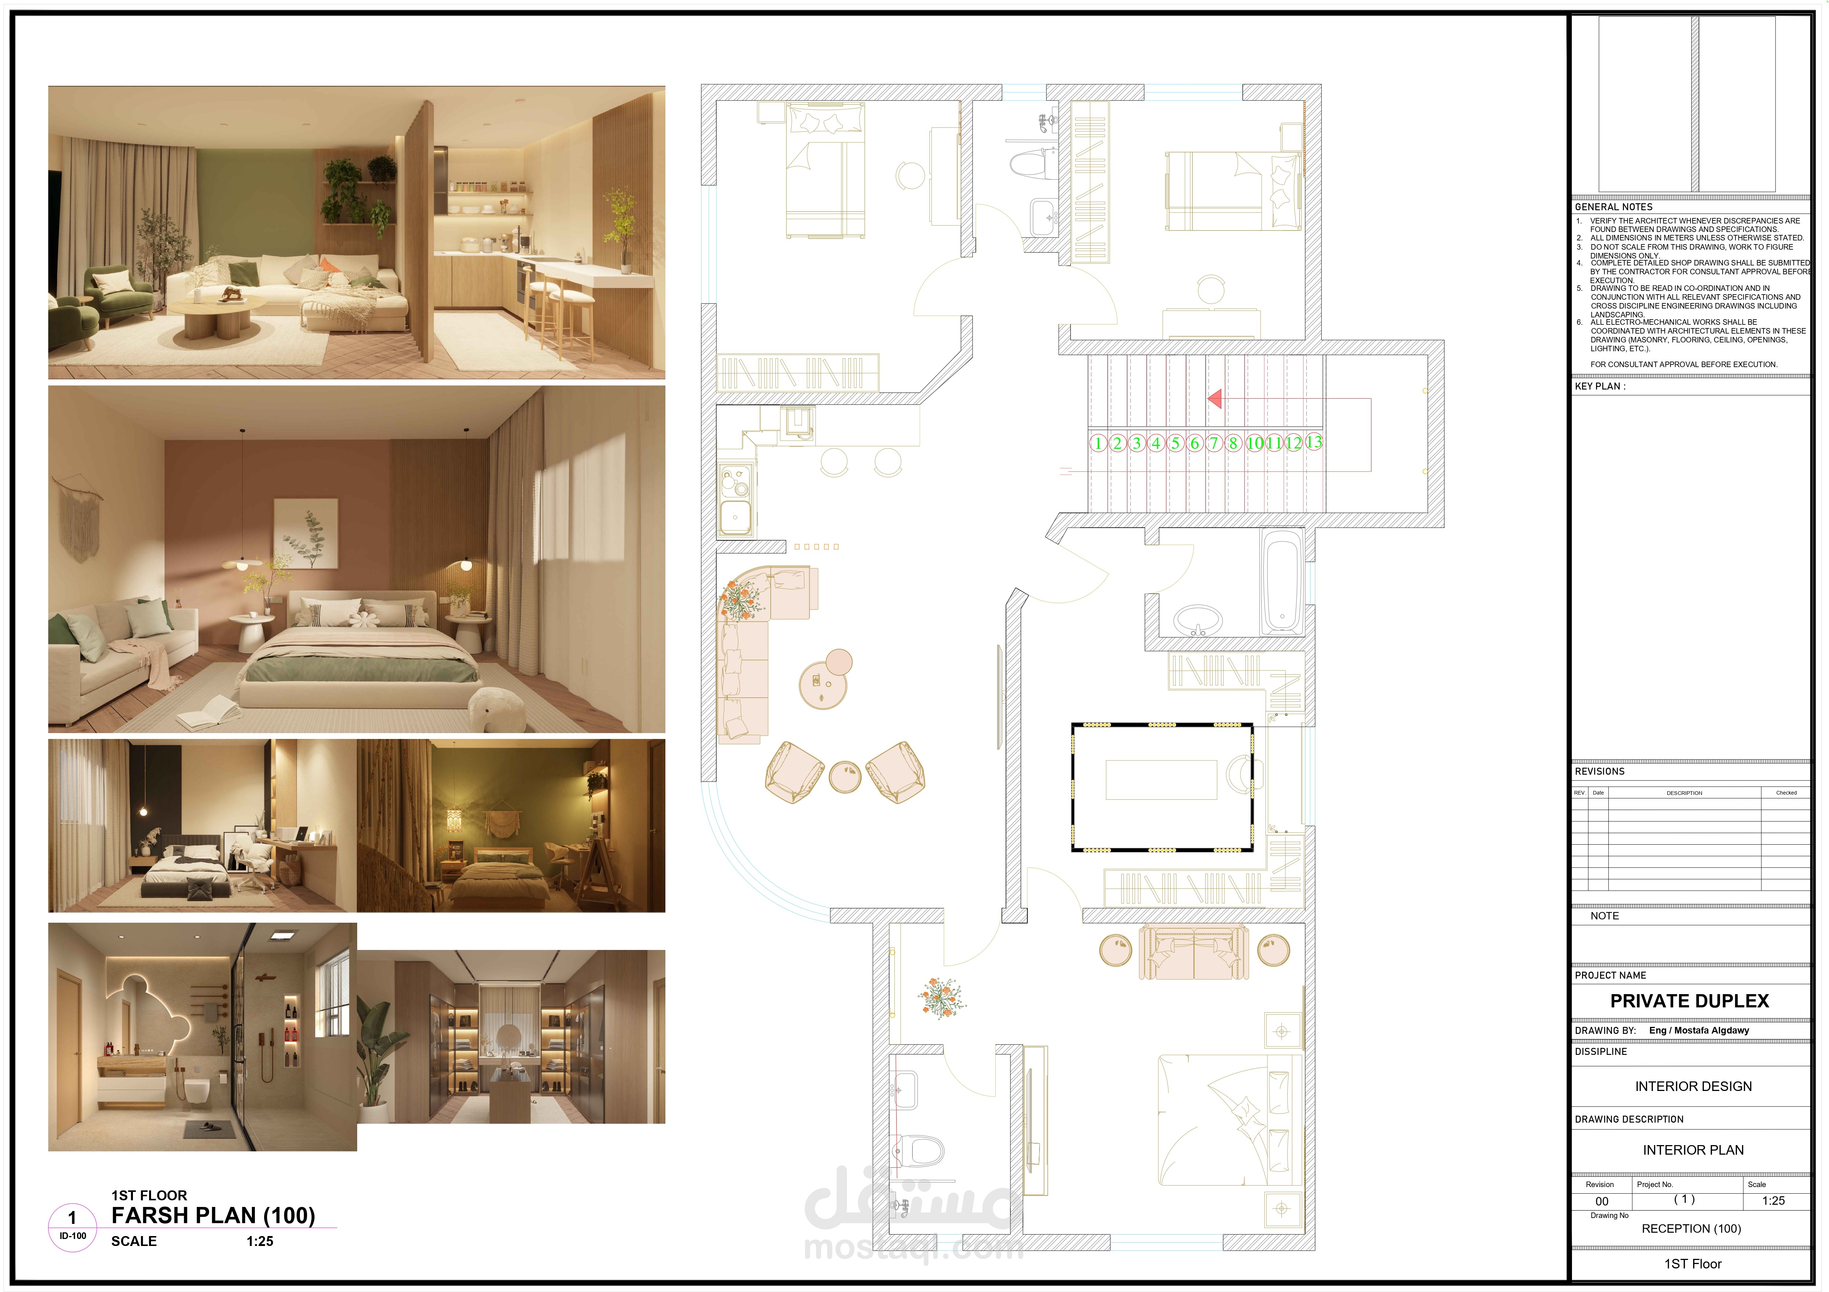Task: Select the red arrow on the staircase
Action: click(1215, 398)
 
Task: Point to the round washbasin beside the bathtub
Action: click(1197, 618)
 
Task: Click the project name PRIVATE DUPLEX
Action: click(1689, 1001)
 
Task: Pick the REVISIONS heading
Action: click(1600, 771)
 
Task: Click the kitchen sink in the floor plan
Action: click(735, 516)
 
